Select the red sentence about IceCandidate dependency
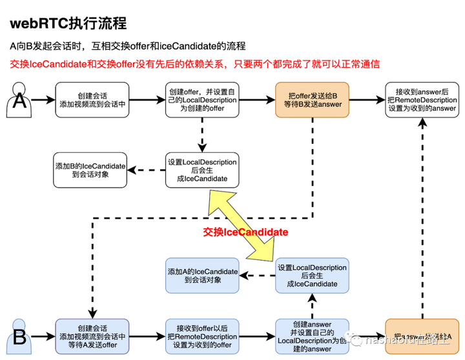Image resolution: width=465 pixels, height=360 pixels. pyautogui.click(x=194, y=65)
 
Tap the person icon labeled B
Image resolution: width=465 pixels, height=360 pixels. pyautogui.click(x=19, y=335)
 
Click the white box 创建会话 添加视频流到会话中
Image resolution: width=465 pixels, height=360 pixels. pyautogui.click(x=91, y=100)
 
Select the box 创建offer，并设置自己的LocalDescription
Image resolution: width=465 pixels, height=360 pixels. pyautogui.click(x=201, y=100)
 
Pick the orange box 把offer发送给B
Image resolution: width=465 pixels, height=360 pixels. pyautogui.click(x=313, y=100)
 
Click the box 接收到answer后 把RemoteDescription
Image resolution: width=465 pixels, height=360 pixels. pyautogui.click(x=422, y=100)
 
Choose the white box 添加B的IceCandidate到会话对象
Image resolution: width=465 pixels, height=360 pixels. pyautogui.click(x=90, y=170)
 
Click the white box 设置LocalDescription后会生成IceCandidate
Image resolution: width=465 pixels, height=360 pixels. pyautogui.click(x=201, y=170)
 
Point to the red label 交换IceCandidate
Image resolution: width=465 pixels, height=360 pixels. pyautogui.click(x=245, y=231)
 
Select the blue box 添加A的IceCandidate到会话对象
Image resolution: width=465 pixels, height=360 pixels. pyautogui.click(x=202, y=275)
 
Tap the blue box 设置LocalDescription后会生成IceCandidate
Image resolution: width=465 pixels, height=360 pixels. pyautogui.click(x=313, y=275)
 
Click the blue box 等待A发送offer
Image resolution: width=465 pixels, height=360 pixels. pyautogui.click(x=91, y=336)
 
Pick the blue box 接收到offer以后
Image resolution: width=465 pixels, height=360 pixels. pyautogui.click(x=201, y=336)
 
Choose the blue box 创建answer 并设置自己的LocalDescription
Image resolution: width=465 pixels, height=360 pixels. pyautogui.click(x=313, y=336)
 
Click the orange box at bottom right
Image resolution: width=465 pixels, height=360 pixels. pyautogui.click(x=422, y=336)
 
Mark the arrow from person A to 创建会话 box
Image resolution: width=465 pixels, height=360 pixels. pyautogui.click(x=43, y=100)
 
